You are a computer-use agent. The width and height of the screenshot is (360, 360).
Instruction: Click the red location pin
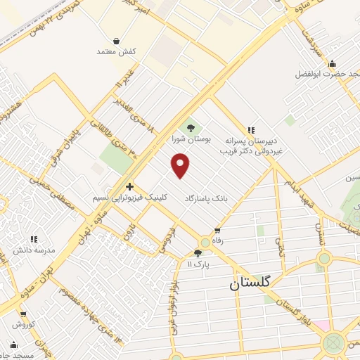click(181, 165)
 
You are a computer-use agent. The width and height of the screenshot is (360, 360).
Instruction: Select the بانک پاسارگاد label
click(209, 199)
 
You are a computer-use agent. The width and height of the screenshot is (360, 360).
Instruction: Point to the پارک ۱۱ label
click(199, 264)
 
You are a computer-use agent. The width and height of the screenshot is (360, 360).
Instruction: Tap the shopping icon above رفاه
click(217, 231)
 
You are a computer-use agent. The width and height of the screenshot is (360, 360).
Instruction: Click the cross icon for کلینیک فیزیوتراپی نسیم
click(129, 186)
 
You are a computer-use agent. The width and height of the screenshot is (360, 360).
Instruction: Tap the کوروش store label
click(23, 325)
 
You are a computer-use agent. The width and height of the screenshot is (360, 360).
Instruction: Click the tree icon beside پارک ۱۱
click(198, 254)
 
